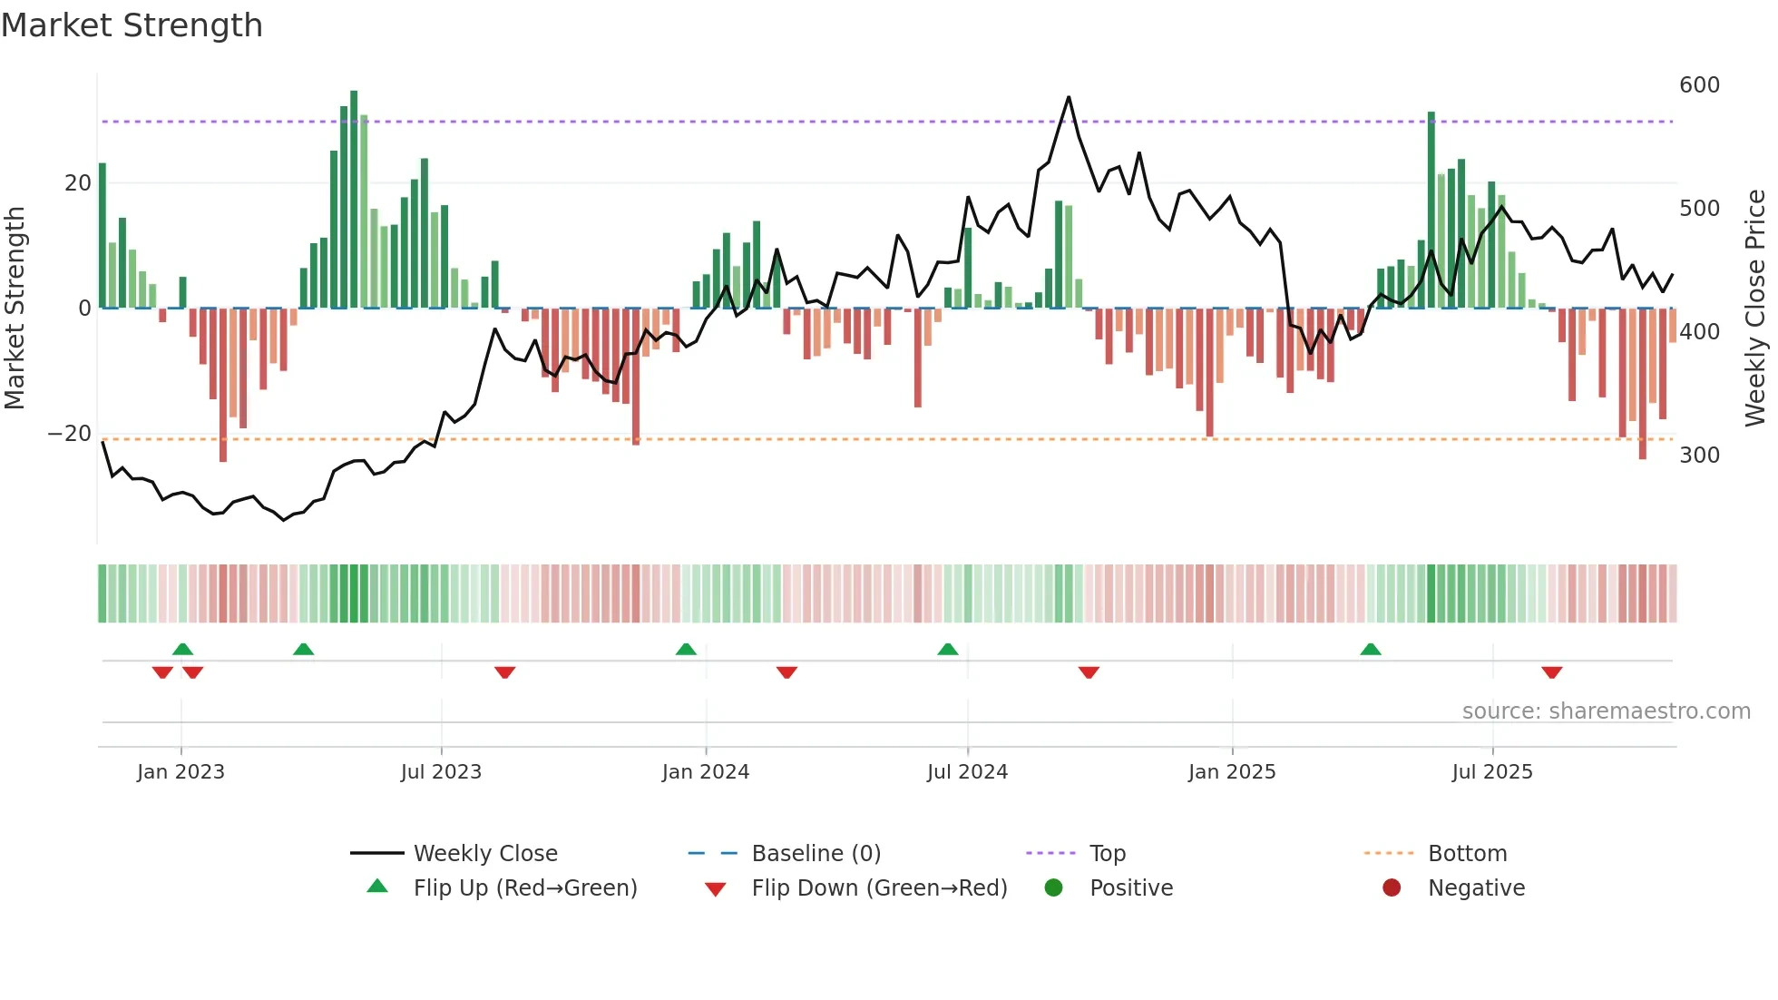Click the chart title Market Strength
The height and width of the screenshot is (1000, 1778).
pos(132,25)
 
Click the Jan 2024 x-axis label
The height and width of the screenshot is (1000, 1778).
pos(705,772)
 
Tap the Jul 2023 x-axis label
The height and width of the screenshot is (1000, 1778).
pos(441,772)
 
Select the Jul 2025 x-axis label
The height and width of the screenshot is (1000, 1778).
pos(1491,772)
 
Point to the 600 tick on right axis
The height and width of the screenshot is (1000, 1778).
pos(1699,85)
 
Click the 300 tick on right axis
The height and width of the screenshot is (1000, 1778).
pos(1699,456)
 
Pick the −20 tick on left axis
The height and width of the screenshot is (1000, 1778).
pos(70,434)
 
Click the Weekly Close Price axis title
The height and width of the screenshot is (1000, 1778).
pos(1755,309)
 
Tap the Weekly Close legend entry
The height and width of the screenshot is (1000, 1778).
pos(484,854)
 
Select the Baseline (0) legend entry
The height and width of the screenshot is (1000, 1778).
pos(816,854)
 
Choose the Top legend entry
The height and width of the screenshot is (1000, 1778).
pos(1107,854)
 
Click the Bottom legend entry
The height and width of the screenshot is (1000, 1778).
pos(1467,854)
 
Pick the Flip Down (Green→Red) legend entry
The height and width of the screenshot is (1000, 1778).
pos(878,888)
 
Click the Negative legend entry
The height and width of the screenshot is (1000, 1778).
pos(1476,888)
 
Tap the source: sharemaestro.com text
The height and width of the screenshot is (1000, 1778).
pos(1606,711)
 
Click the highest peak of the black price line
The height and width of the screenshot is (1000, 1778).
pos(1069,97)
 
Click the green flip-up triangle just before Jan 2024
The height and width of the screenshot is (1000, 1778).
pos(686,650)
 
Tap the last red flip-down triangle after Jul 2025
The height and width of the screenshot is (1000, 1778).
pos(1551,672)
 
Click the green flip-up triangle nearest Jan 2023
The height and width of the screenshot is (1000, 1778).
pos(182,650)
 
